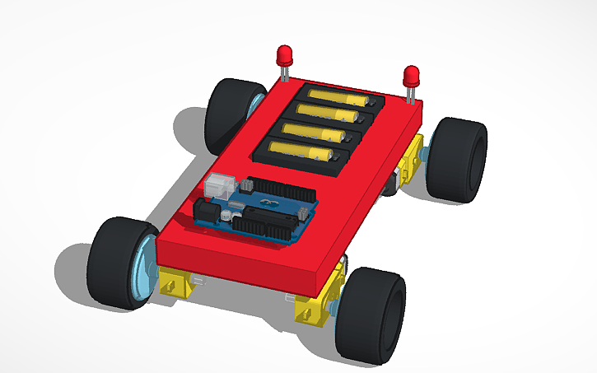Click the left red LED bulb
click(x=285, y=57)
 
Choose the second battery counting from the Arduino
click(x=317, y=132)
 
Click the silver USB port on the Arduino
click(x=216, y=184)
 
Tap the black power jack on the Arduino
click(x=205, y=213)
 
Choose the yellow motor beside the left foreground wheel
click(x=176, y=283)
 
